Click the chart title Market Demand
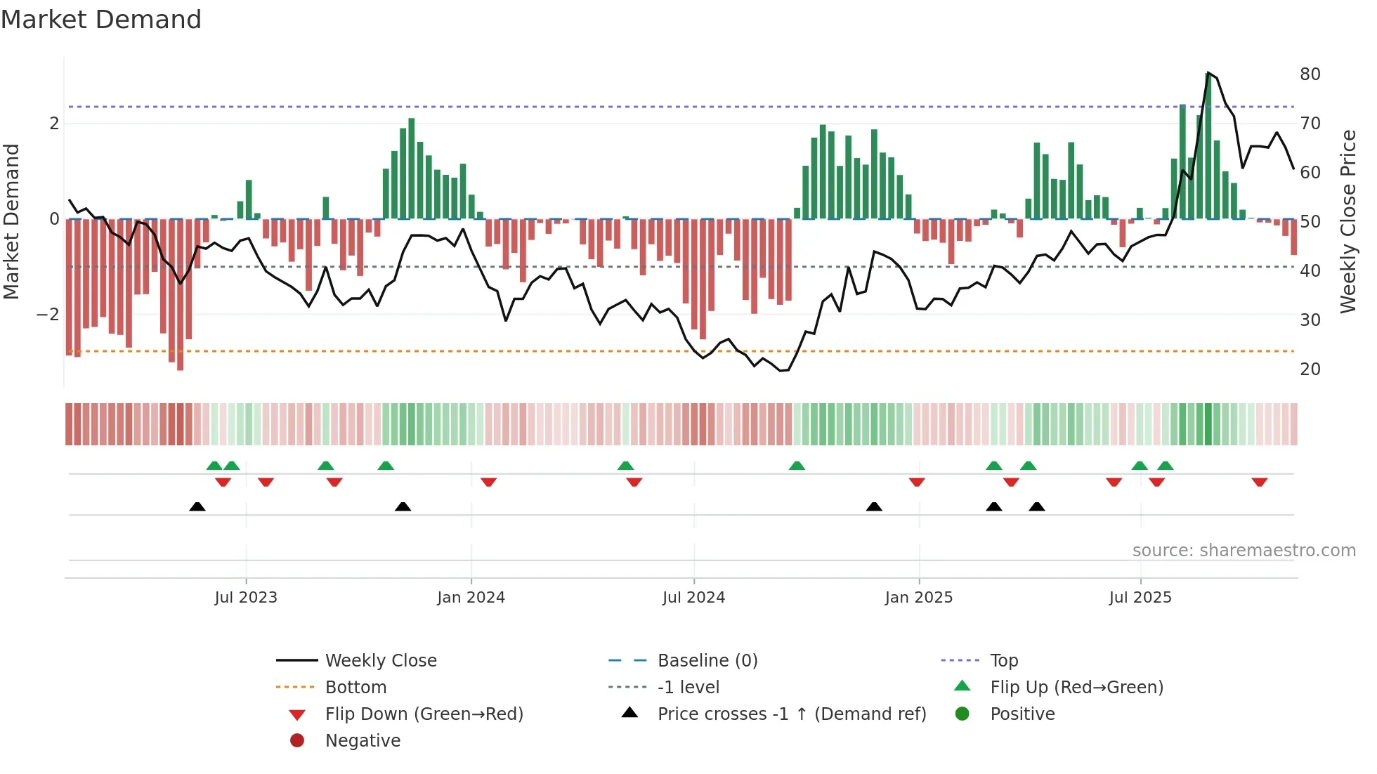(101, 20)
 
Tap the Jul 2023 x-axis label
(246, 598)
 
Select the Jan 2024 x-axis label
(471, 598)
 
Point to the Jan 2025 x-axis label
(918, 598)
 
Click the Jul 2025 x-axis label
(1140, 598)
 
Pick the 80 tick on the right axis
(1310, 74)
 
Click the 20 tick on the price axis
(1310, 369)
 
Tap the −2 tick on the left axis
(48, 315)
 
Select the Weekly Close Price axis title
(1347, 221)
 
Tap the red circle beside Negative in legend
(297, 741)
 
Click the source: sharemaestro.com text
(1244, 551)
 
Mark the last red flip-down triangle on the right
(1259, 482)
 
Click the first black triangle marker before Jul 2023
(197, 506)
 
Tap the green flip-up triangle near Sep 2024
(797, 466)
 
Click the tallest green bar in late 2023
(412, 169)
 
